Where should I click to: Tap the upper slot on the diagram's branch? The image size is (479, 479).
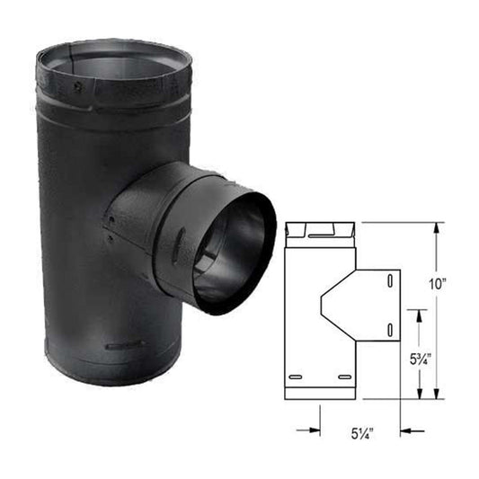(x=388, y=282)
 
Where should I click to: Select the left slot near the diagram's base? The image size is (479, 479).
(x=296, y=376)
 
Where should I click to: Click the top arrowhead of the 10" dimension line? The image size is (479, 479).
(x=437, y=227)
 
